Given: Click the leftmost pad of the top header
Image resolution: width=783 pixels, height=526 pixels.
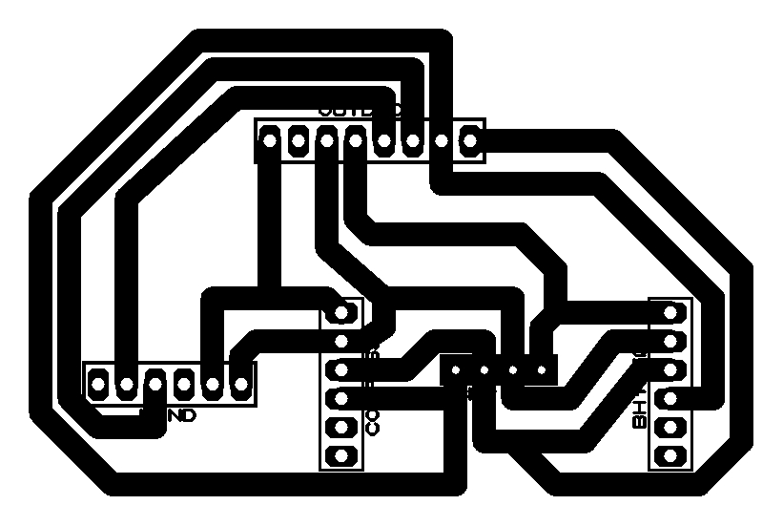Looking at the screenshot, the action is tap(269, 141).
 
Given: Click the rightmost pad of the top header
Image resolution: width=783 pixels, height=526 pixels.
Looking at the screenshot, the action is tap(469, 141).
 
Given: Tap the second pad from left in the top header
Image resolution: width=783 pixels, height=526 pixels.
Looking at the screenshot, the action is tap(298, 141).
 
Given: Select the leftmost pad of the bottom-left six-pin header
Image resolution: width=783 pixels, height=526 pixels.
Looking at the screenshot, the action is tap(98, 384).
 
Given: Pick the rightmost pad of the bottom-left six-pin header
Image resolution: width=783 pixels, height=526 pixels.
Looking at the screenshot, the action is tap(241, 384).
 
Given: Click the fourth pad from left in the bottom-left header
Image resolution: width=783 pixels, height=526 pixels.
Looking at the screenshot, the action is tap(184, 384).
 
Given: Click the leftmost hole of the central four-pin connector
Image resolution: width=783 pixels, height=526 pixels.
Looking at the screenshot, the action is tap(457, 369).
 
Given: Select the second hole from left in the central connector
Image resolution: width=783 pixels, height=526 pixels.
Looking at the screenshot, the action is tap(485, 369).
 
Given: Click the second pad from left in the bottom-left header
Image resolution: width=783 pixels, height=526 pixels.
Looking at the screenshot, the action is tap(127, 384).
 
